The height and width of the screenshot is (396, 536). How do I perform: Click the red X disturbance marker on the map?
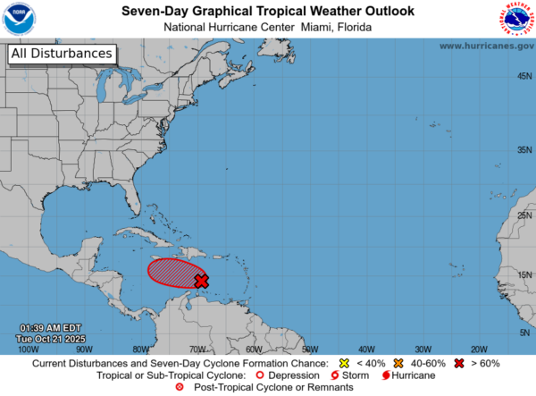tap(201, 281)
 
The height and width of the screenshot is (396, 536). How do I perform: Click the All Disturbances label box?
tap(62, 54)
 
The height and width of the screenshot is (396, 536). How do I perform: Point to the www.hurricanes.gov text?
tap(486, 46)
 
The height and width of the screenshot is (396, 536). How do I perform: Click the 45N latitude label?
tap(523, 76)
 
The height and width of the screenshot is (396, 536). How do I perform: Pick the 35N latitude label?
tap(523, 150)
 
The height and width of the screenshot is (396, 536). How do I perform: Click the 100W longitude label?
tap(29, 349)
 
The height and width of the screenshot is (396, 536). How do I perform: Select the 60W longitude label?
tap(253, 349)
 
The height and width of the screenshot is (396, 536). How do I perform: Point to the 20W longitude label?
tap(478, 349)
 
